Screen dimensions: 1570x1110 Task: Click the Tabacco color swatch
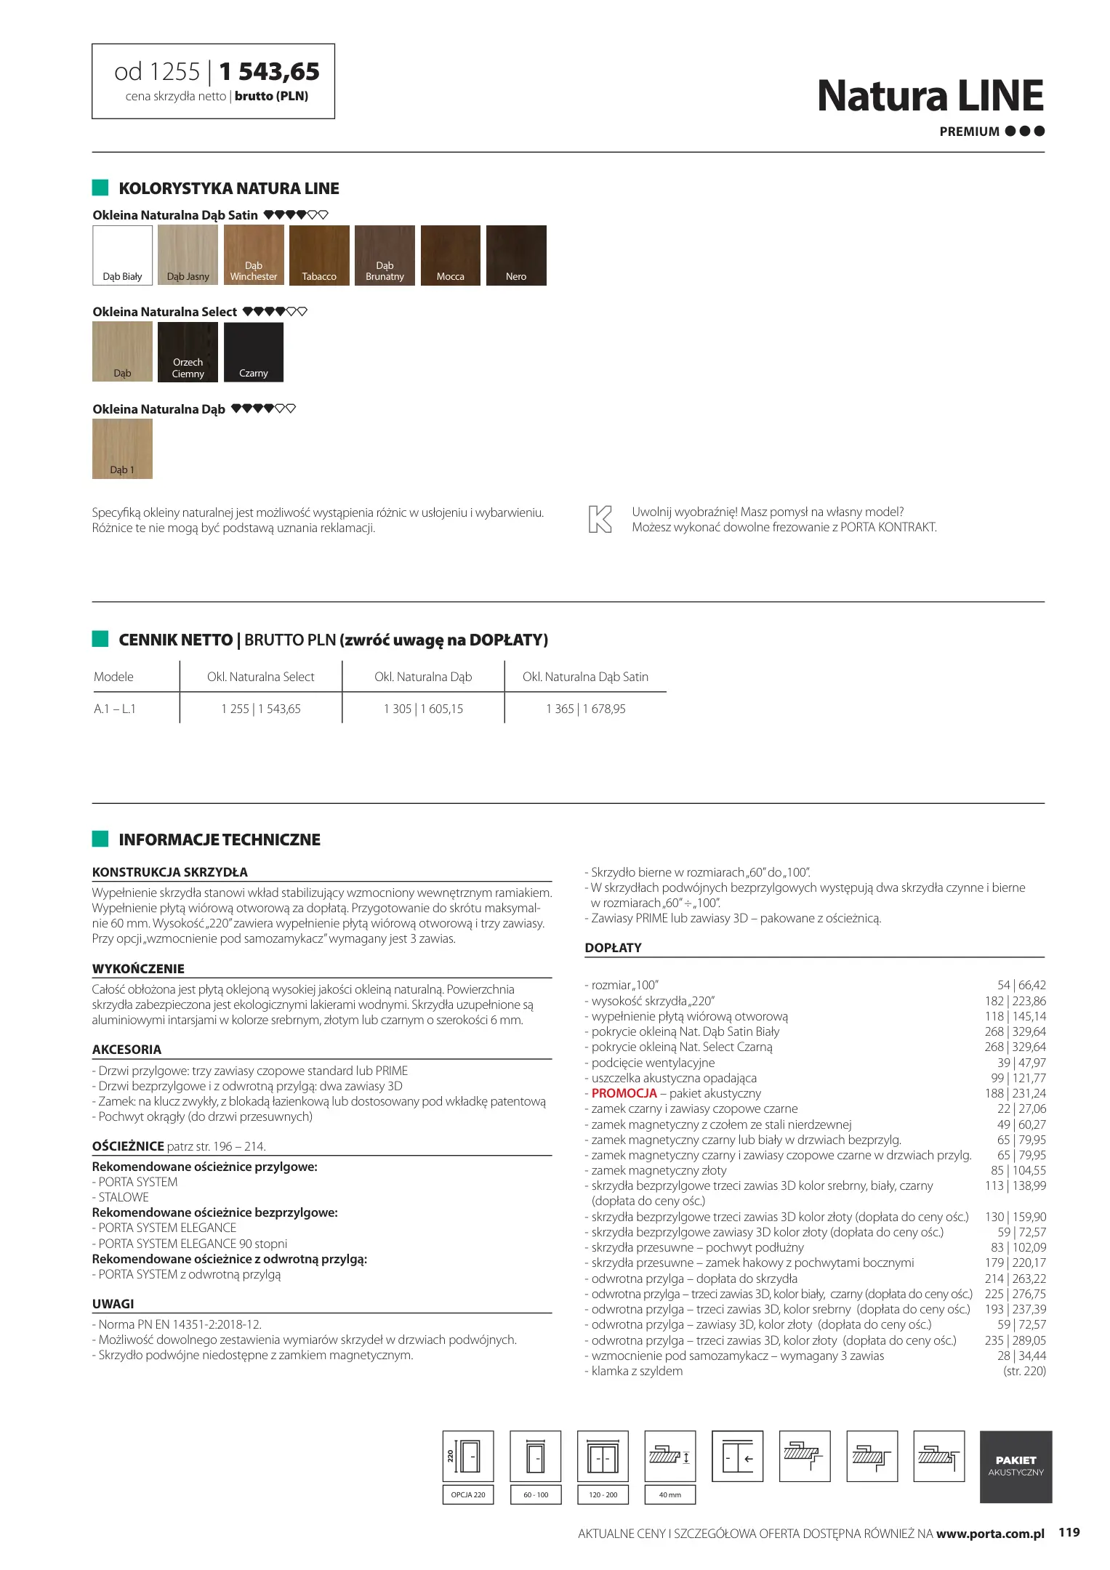319,255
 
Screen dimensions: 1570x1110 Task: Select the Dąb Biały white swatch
122,255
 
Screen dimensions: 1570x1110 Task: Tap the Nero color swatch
516,255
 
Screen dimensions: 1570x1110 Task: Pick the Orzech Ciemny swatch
188,352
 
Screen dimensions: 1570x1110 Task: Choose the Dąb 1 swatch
122,449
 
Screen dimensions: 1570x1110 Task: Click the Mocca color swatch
451,255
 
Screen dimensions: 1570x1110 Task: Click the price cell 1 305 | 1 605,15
423,709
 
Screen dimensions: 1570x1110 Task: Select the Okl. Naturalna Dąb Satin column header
585,677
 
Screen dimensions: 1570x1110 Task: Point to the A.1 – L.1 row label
115,709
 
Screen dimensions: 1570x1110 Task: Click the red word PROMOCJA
624,1093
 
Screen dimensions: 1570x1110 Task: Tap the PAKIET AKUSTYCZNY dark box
1016,1466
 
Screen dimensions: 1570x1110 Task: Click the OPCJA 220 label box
468,1494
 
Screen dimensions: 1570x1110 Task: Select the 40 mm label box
669,1494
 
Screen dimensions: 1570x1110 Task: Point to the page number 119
1069,1532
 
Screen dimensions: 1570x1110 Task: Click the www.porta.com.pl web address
989,1534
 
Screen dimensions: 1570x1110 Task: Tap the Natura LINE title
930,96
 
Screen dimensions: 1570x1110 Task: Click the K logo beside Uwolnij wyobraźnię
600,520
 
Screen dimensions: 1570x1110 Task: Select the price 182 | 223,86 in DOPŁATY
1015,1001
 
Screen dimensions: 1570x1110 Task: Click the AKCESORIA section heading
127,1050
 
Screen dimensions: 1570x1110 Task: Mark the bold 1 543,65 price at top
269,72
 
